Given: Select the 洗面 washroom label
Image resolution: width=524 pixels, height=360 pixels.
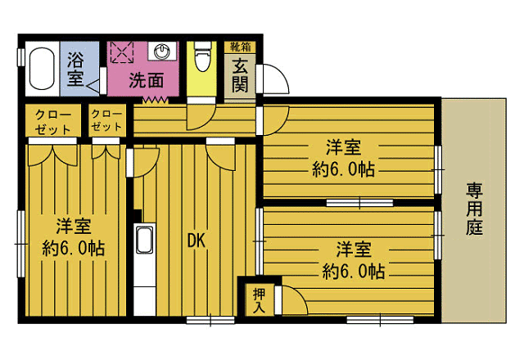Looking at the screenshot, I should coord(147,80).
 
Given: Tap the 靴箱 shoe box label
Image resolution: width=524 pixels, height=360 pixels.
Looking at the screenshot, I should coord(240,46).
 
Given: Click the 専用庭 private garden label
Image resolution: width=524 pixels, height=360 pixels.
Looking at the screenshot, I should coord(474,209).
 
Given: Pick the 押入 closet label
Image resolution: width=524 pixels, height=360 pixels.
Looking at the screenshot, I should coord(259,300).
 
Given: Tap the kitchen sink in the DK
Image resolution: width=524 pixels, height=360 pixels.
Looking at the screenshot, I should coord(144,242).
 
